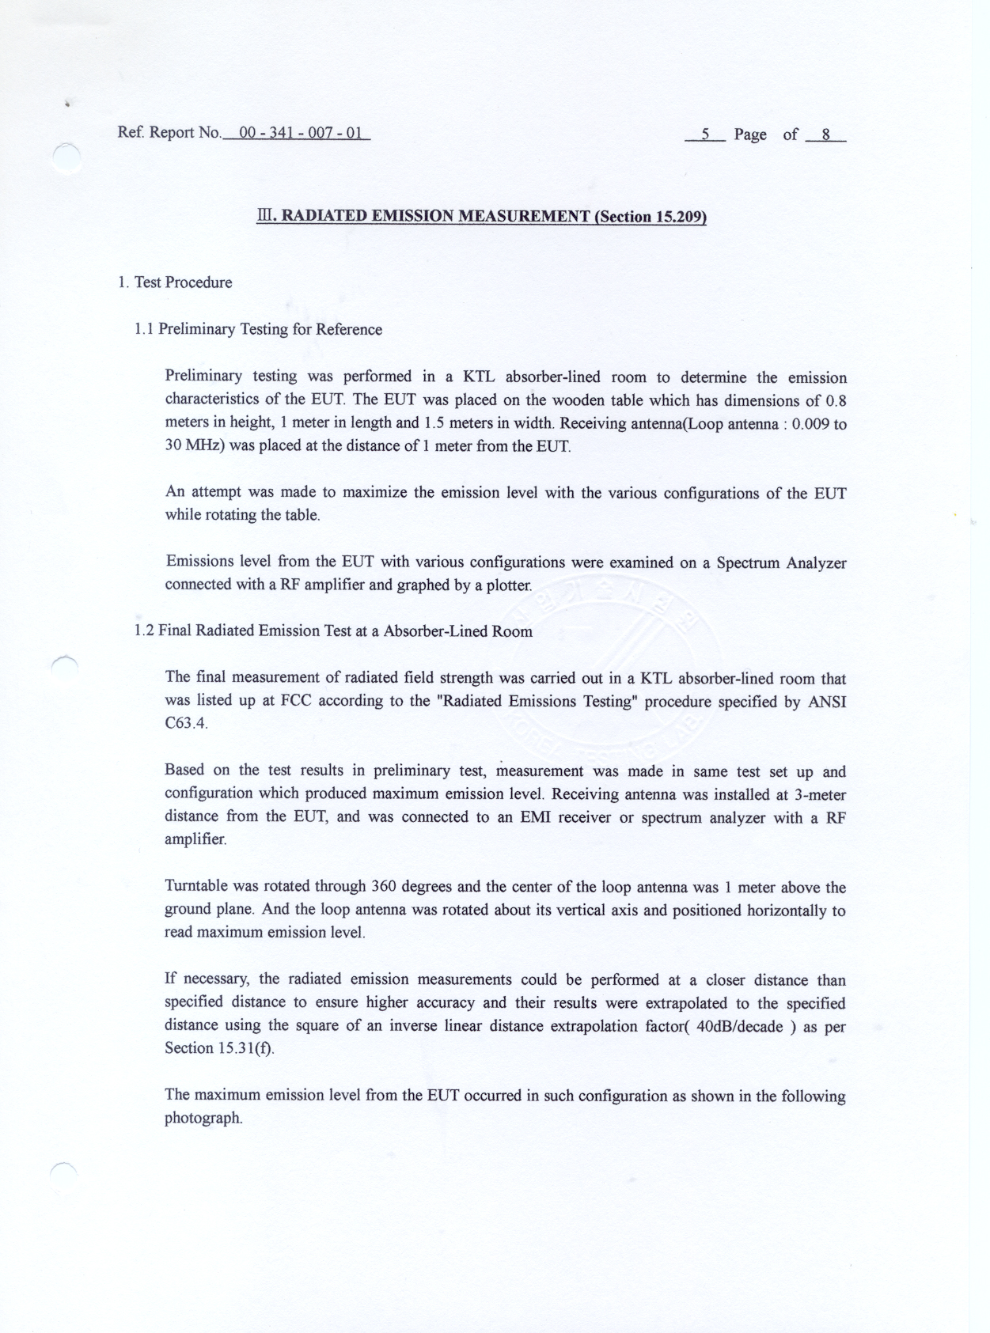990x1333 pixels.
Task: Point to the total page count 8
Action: coord(825,134)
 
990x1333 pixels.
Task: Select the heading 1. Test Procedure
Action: coord(175,282)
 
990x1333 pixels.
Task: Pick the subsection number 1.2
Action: coord(144,631)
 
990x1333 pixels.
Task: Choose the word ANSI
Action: coord(827,702)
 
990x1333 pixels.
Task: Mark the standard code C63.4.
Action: coord(186,724)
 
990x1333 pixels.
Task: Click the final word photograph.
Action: coord(203,1118)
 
